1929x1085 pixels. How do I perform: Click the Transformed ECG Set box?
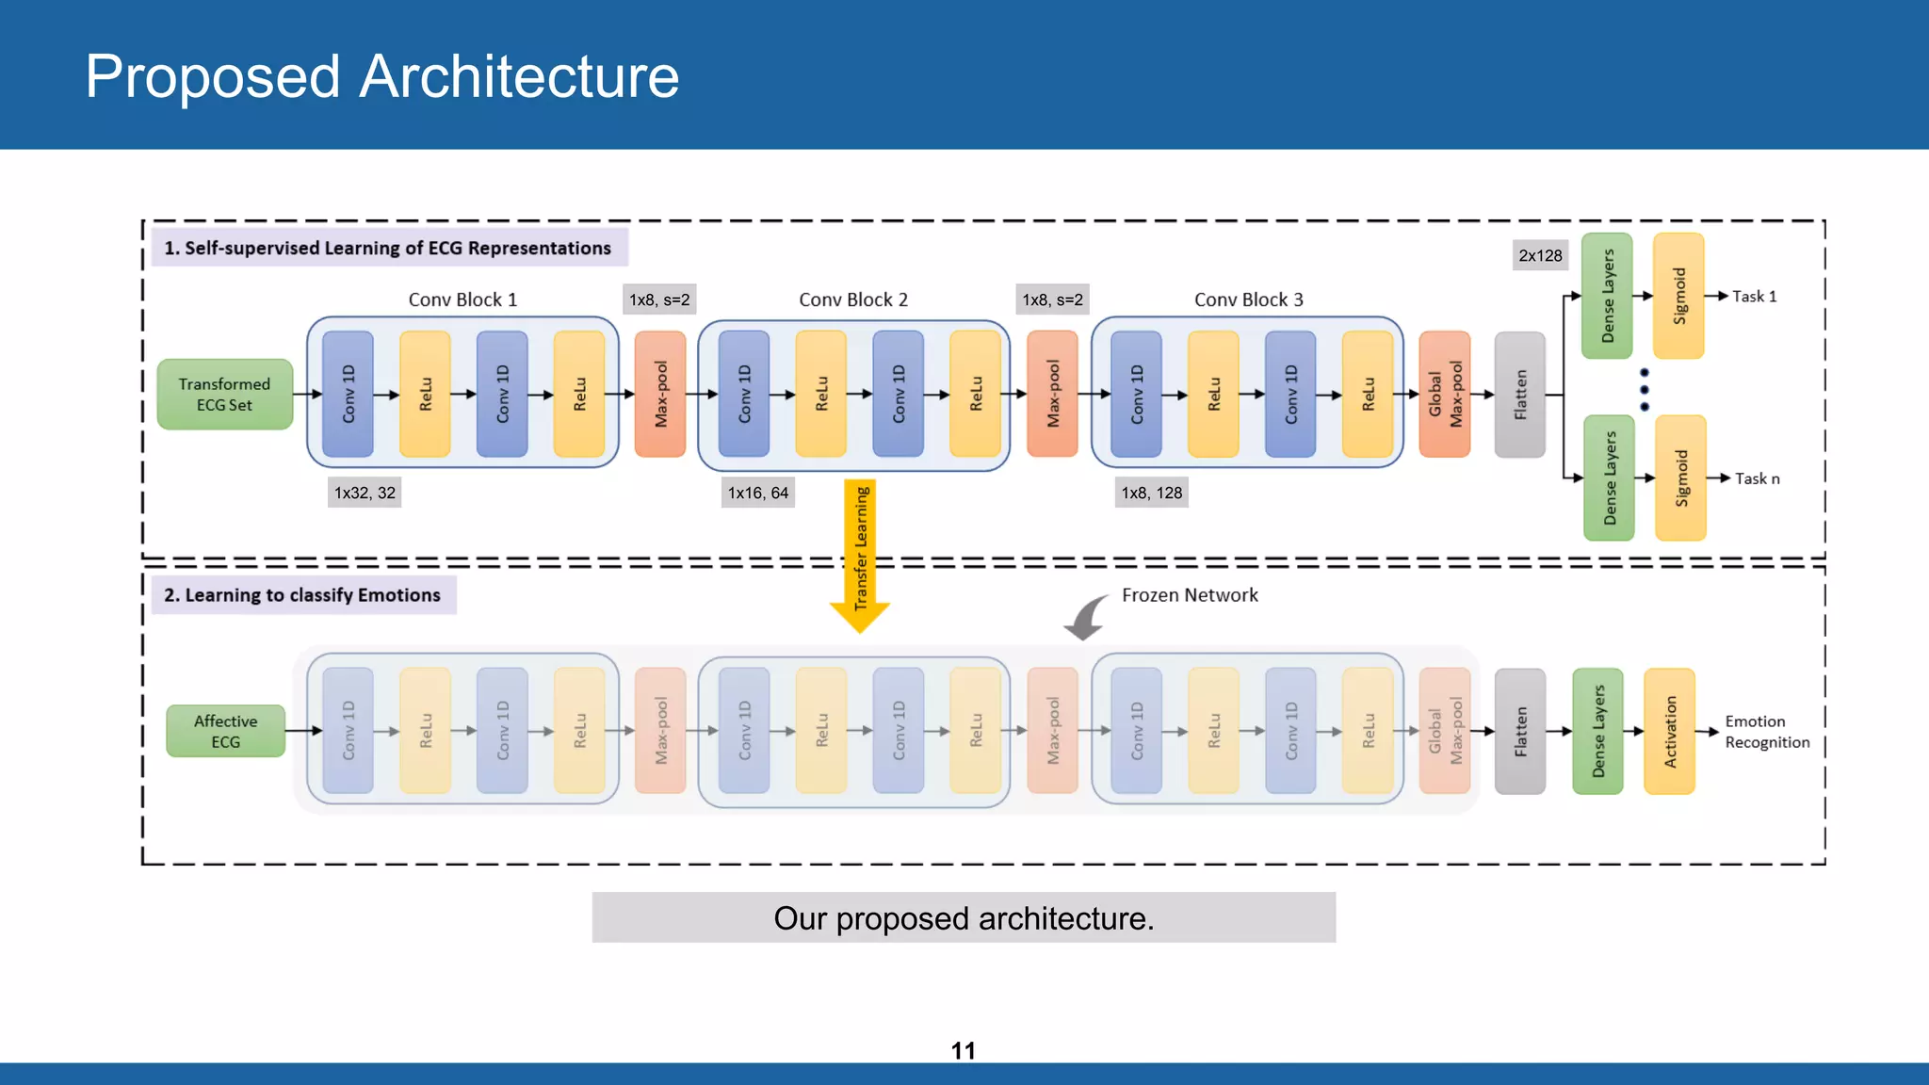coord(225,395)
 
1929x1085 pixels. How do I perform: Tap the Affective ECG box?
coord(226,731)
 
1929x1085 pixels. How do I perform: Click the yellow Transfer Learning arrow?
coord(860,556)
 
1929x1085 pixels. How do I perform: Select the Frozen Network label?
coord(1189,595)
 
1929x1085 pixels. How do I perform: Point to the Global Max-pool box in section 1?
coord(1444,394)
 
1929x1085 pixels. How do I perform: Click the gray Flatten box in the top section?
coord(1519,395)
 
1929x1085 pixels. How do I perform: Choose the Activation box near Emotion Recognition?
coord(1669,732)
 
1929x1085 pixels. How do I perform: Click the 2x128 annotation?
coord(1540,255)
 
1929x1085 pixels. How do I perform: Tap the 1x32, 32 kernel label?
coord(365,493)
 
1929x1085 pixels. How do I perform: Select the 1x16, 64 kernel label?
coord(758,493)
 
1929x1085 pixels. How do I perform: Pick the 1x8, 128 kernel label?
coord(1151,493)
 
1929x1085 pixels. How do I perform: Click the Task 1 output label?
coord(1754,297)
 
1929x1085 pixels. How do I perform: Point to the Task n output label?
coord(1757,478)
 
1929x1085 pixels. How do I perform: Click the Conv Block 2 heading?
coord(853,300)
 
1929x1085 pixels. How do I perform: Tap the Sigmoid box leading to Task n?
coord(1680,478)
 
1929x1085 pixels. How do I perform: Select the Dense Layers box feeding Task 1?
coord(1607,296)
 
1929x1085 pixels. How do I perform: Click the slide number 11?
coord(963,1050)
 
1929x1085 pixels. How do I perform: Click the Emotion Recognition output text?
coord(1766,732)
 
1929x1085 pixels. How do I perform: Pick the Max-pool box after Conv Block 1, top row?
coord(660,394)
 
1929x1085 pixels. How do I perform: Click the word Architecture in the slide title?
coord(519,76)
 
